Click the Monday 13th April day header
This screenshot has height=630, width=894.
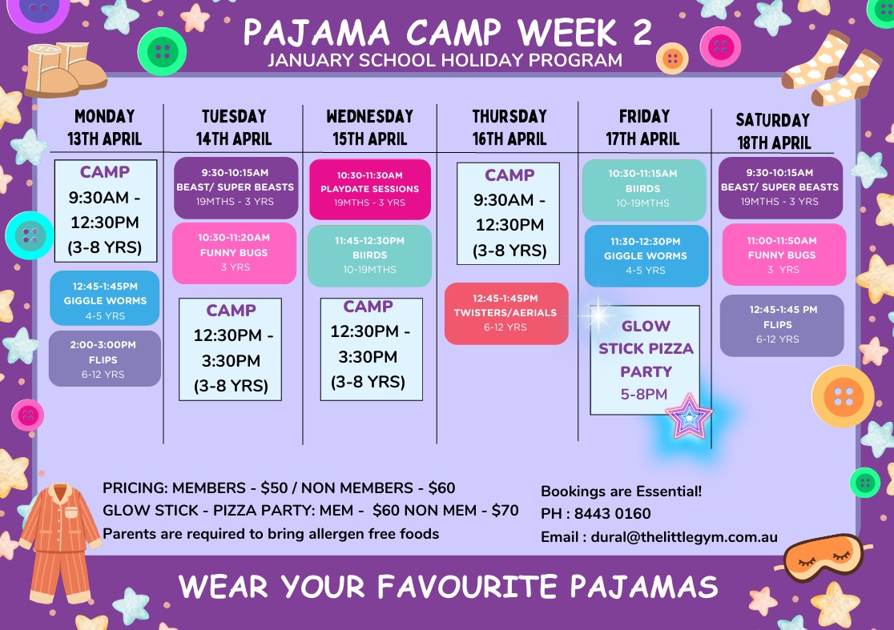(x=104, y=127)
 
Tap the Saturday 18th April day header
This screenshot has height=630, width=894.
(x=773, y=131)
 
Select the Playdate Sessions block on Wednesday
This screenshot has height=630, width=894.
(x=370, y=189)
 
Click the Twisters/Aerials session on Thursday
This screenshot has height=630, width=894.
(x=506, y=313)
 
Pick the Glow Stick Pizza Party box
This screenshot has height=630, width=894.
(x=645, y=360)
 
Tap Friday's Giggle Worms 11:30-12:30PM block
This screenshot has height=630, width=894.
(x=646, y=255)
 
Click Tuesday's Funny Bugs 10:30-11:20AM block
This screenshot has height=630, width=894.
(x=235, y=253)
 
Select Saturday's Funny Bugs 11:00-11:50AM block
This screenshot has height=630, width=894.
(x=784, y=255)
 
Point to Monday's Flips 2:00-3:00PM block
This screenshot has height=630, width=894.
(x=105, y=359)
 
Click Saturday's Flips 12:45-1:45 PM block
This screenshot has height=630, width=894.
(x=782, y=325)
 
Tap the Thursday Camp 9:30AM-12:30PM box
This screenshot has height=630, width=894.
(x=508, y=214)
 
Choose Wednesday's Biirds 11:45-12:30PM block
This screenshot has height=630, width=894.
(x=370, y=255)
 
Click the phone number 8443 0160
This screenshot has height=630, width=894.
(x=612, y=514)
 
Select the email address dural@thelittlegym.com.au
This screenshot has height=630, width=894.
(x=684, y=537)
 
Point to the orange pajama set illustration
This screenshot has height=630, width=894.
(x=59, y=543)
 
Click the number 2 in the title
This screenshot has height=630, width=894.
(x=642, y=33)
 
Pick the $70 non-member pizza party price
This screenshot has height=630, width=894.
(x=505, y=511)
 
